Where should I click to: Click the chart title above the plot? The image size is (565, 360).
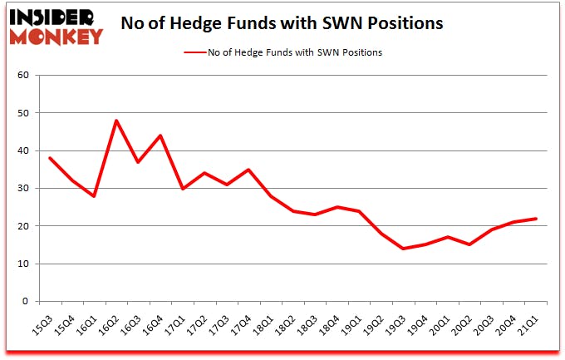282,24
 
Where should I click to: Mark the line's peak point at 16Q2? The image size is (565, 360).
116,121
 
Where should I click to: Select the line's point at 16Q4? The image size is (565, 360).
160,136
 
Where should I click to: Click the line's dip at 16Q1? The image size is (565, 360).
95,196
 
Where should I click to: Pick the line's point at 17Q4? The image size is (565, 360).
246,170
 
